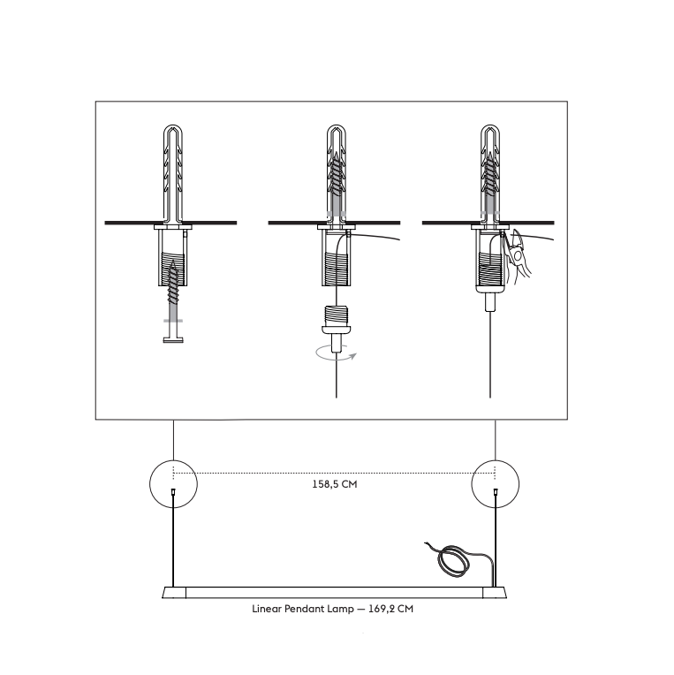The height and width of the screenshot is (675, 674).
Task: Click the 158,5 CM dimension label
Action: coord(335,484)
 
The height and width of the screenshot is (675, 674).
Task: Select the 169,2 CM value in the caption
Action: coord(390,609)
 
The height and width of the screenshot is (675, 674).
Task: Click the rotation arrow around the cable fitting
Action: coord(336,354)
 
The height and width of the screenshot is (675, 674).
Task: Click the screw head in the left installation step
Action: coord(173,340)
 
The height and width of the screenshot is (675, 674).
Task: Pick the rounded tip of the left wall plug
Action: coord(173,125)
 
